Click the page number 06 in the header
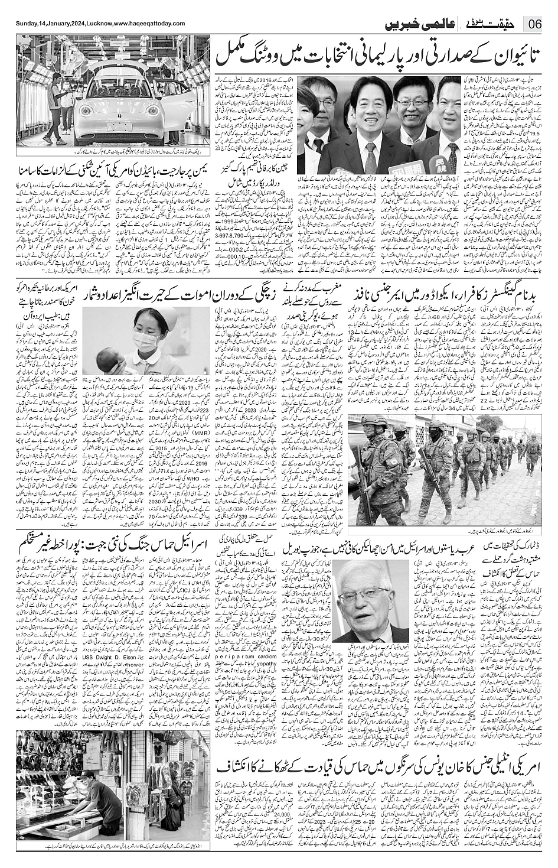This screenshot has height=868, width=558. (x=536, y=25)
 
